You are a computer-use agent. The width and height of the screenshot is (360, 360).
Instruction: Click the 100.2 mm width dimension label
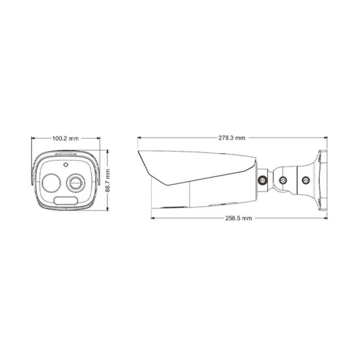tap(65, 138)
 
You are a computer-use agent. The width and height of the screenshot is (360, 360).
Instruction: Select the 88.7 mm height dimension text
tap(108, 181)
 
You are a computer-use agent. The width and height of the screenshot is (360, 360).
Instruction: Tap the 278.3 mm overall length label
tap(232, 138)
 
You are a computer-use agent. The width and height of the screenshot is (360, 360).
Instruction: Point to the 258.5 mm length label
tap(239, 218)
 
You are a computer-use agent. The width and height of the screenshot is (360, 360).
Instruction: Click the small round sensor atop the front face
tap(65, 165)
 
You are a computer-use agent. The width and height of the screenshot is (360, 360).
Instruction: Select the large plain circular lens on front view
tap(51, 182)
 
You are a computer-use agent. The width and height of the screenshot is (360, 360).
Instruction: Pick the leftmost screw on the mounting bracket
tap(262, 181)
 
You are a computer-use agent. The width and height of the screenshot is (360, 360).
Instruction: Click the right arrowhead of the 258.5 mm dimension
tap(326, 218)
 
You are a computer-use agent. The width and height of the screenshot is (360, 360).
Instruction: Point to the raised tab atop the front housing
tap(65, 153)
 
